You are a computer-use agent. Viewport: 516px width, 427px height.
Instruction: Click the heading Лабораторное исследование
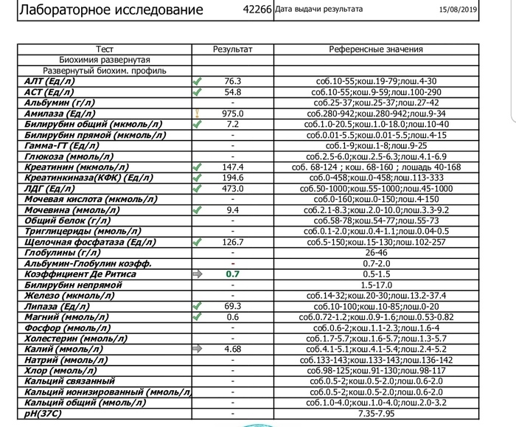pyautogui.click(x=110, y=10)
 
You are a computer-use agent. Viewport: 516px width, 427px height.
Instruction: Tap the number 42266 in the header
pyautogui.click(x=257, y=10)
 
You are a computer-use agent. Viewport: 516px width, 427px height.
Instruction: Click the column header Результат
pyautogui.click(x=233, y=49)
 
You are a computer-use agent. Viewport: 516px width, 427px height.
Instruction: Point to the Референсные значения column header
pyautogui.click(x=376, y=49)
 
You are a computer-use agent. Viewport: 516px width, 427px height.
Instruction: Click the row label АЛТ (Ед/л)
pyautogui.click(x=50, y=81)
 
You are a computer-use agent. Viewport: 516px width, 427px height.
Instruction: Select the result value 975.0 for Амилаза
pyautogui.click(x=233, y=114)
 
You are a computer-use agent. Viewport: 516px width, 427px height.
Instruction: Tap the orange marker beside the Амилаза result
pyautogui.click(x=197, y=114)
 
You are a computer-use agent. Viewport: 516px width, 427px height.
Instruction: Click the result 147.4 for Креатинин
pyautogui.click(x=233, y=167)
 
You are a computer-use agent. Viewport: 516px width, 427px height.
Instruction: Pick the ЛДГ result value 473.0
pyautogui.click(x=233, y=189)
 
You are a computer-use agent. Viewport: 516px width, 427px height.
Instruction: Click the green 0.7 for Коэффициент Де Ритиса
pyautogui.click(x=233, y=274)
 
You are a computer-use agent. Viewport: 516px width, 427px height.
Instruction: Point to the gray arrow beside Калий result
pyautogui.click(x=197, y=348)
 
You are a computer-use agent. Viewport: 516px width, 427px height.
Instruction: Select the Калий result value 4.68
pyautogui.click(x=233, y=348)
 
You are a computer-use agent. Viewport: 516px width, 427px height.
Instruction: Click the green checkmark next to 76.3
pyautogui.click(x=197, y=81)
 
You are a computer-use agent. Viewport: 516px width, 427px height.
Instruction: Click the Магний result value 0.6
pyautogui.click(x=233, y=316)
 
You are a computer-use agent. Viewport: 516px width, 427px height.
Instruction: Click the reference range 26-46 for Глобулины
pyautogui.click(x=376, y=252)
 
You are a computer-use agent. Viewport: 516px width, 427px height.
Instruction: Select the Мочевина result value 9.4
pyautogui.click(x=233, y=210)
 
